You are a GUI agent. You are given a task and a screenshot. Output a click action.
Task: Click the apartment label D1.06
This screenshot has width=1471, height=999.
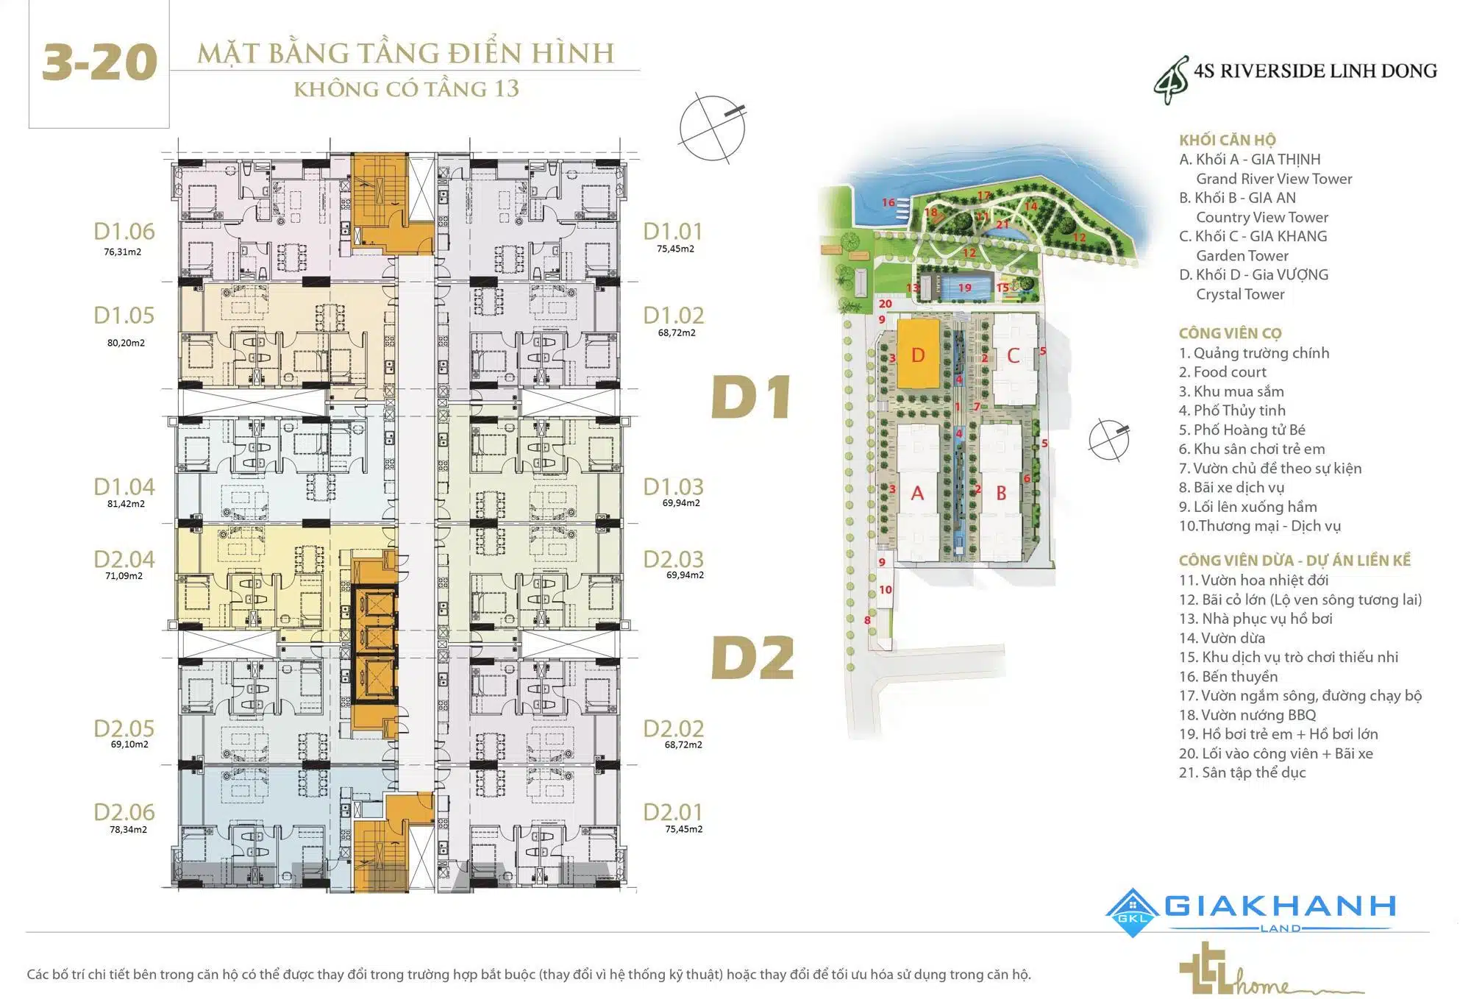pos(124,232)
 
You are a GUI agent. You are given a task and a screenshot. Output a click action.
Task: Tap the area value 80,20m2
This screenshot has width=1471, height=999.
pos(126,343)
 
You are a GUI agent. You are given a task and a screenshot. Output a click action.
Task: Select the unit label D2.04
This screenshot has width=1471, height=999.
pos(124,560)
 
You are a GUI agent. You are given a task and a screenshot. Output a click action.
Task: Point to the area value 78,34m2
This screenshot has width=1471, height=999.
pos(128,829)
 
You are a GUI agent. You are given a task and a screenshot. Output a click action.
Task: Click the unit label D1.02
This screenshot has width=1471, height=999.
pos(673,316)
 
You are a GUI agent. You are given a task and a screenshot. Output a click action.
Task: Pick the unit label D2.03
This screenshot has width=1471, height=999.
pos(673,560)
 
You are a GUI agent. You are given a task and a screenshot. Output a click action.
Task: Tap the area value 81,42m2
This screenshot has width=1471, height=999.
pos(126,504)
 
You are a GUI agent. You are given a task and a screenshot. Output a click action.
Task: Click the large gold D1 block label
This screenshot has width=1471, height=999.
pos(751,397)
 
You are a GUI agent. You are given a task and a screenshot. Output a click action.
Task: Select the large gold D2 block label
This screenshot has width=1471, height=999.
pos(753,657)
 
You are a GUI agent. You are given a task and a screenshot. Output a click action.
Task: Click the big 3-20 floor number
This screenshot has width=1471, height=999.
pos(99,63)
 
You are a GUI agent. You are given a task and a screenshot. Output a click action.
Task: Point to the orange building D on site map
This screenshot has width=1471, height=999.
pos(918,355)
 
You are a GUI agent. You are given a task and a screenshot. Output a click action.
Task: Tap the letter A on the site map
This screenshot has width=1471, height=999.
pos(917,493)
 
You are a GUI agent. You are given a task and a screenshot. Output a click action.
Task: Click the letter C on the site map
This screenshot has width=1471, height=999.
pos(1013,356)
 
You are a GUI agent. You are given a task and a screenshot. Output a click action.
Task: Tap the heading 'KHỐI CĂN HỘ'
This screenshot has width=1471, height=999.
pos(1227,140)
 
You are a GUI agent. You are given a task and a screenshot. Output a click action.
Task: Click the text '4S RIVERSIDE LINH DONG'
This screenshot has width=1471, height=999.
pos(1314,71)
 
